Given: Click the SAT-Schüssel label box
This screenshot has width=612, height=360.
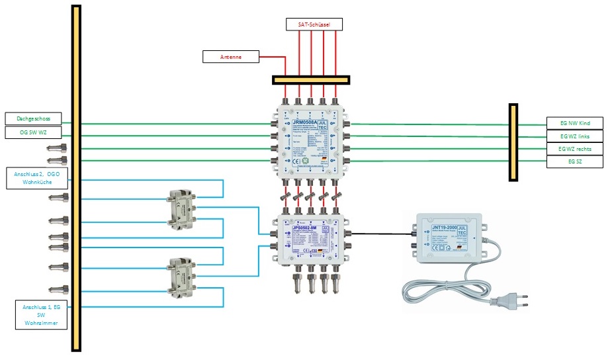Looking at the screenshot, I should click(315, 24).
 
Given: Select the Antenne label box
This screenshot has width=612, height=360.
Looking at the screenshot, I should click(230, 57).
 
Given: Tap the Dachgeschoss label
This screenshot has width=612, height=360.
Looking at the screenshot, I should click(33, 118).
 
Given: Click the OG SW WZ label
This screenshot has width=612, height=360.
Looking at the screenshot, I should click(33, 132).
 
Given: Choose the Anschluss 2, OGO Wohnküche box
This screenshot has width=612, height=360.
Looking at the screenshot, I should click(33, 178).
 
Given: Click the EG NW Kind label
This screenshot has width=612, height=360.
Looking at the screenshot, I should click(574, 123).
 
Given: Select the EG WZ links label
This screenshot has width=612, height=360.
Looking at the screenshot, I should click(574, 136).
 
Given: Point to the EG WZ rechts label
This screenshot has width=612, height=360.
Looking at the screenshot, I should click(574, 149).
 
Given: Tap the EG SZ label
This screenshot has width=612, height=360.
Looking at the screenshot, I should click(574, 161).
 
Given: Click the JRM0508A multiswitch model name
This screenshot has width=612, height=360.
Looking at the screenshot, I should click(304, 122).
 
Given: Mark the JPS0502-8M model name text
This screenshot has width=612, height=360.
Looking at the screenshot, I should click(305, 228).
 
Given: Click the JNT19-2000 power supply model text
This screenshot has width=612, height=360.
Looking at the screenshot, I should click(445, 228).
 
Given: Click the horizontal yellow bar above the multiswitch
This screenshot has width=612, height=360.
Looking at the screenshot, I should click(310, 80).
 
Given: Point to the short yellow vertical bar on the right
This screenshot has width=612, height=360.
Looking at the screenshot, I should click(513, 142).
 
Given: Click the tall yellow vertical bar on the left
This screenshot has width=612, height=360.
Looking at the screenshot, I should click(76, 179).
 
